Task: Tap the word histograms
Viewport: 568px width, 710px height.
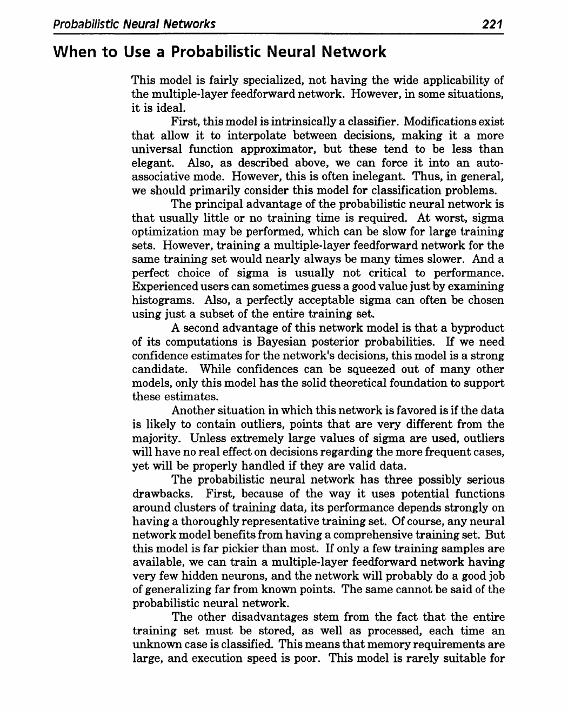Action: click(159, 300)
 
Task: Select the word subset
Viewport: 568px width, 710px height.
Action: click(221, 314)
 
